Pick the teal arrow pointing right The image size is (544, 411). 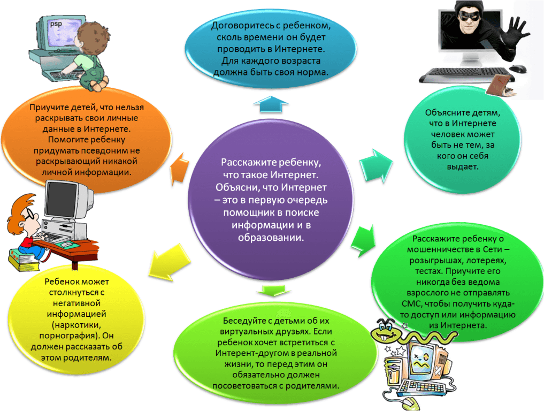pos(376,164)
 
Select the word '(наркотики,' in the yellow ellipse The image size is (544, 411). pos(79,324)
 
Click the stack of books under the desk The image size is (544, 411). pos(22,261)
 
